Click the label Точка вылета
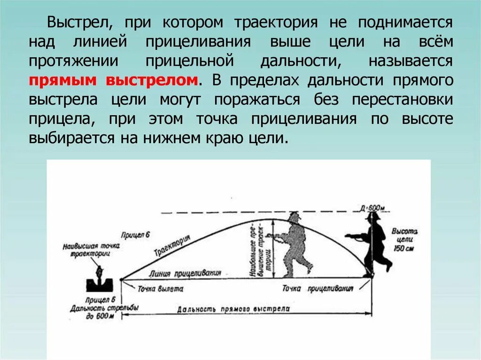coord(160,289)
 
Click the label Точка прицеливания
coord(318,289)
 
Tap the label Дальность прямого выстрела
coord(233,309)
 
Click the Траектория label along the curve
coord(171,246)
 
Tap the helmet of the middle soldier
coord(295,217)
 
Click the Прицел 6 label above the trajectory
coord(134,234)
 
